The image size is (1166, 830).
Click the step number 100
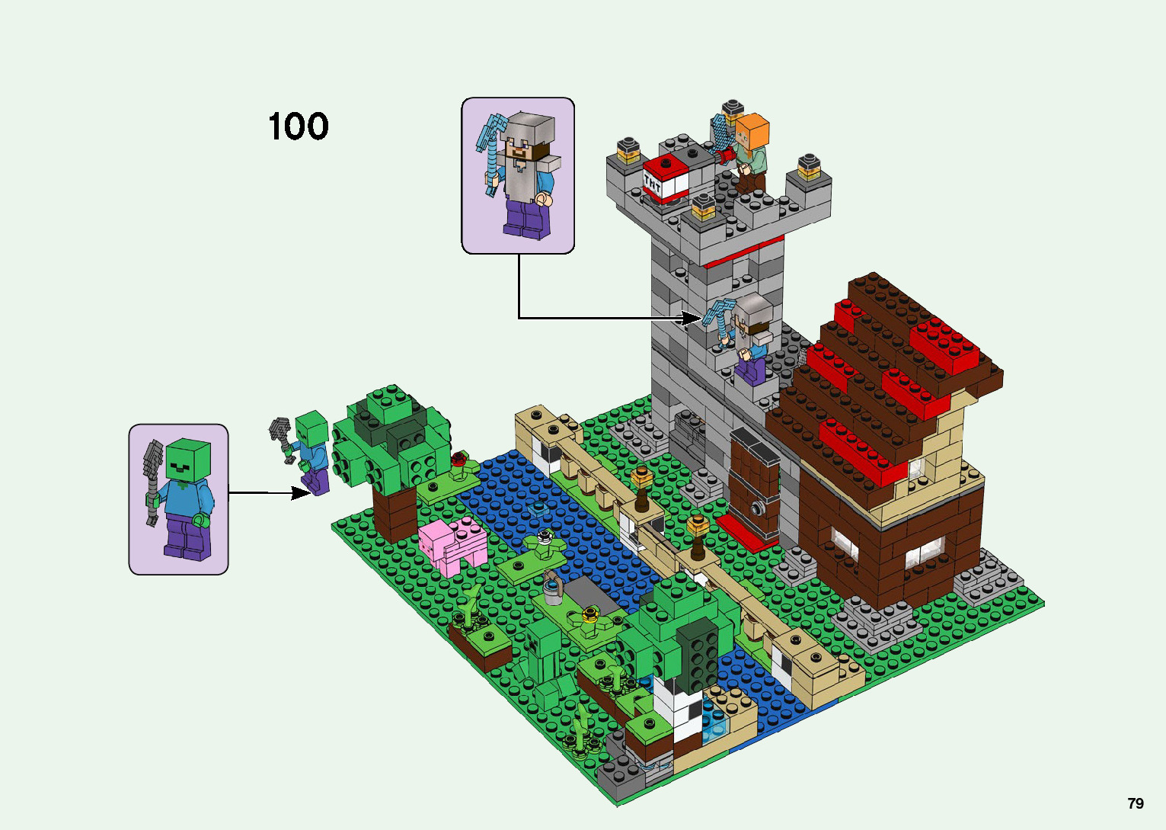(x=298, y=127)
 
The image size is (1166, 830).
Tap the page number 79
(x=1135, y=803)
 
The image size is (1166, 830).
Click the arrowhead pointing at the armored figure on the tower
(x=692, y=318)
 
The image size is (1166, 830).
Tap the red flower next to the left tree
(x=458, y=460)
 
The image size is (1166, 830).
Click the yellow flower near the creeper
(x=589, y=613)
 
